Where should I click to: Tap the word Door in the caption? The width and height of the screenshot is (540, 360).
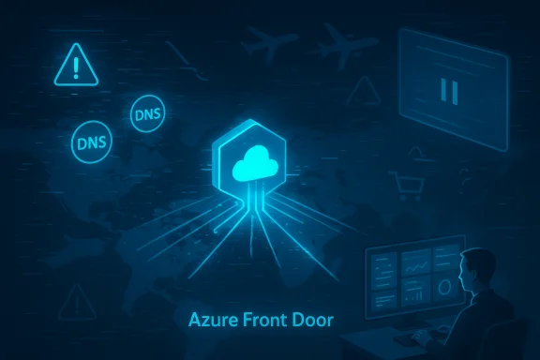coord(313,321)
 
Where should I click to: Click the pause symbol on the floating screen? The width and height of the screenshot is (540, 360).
coord(447,90)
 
